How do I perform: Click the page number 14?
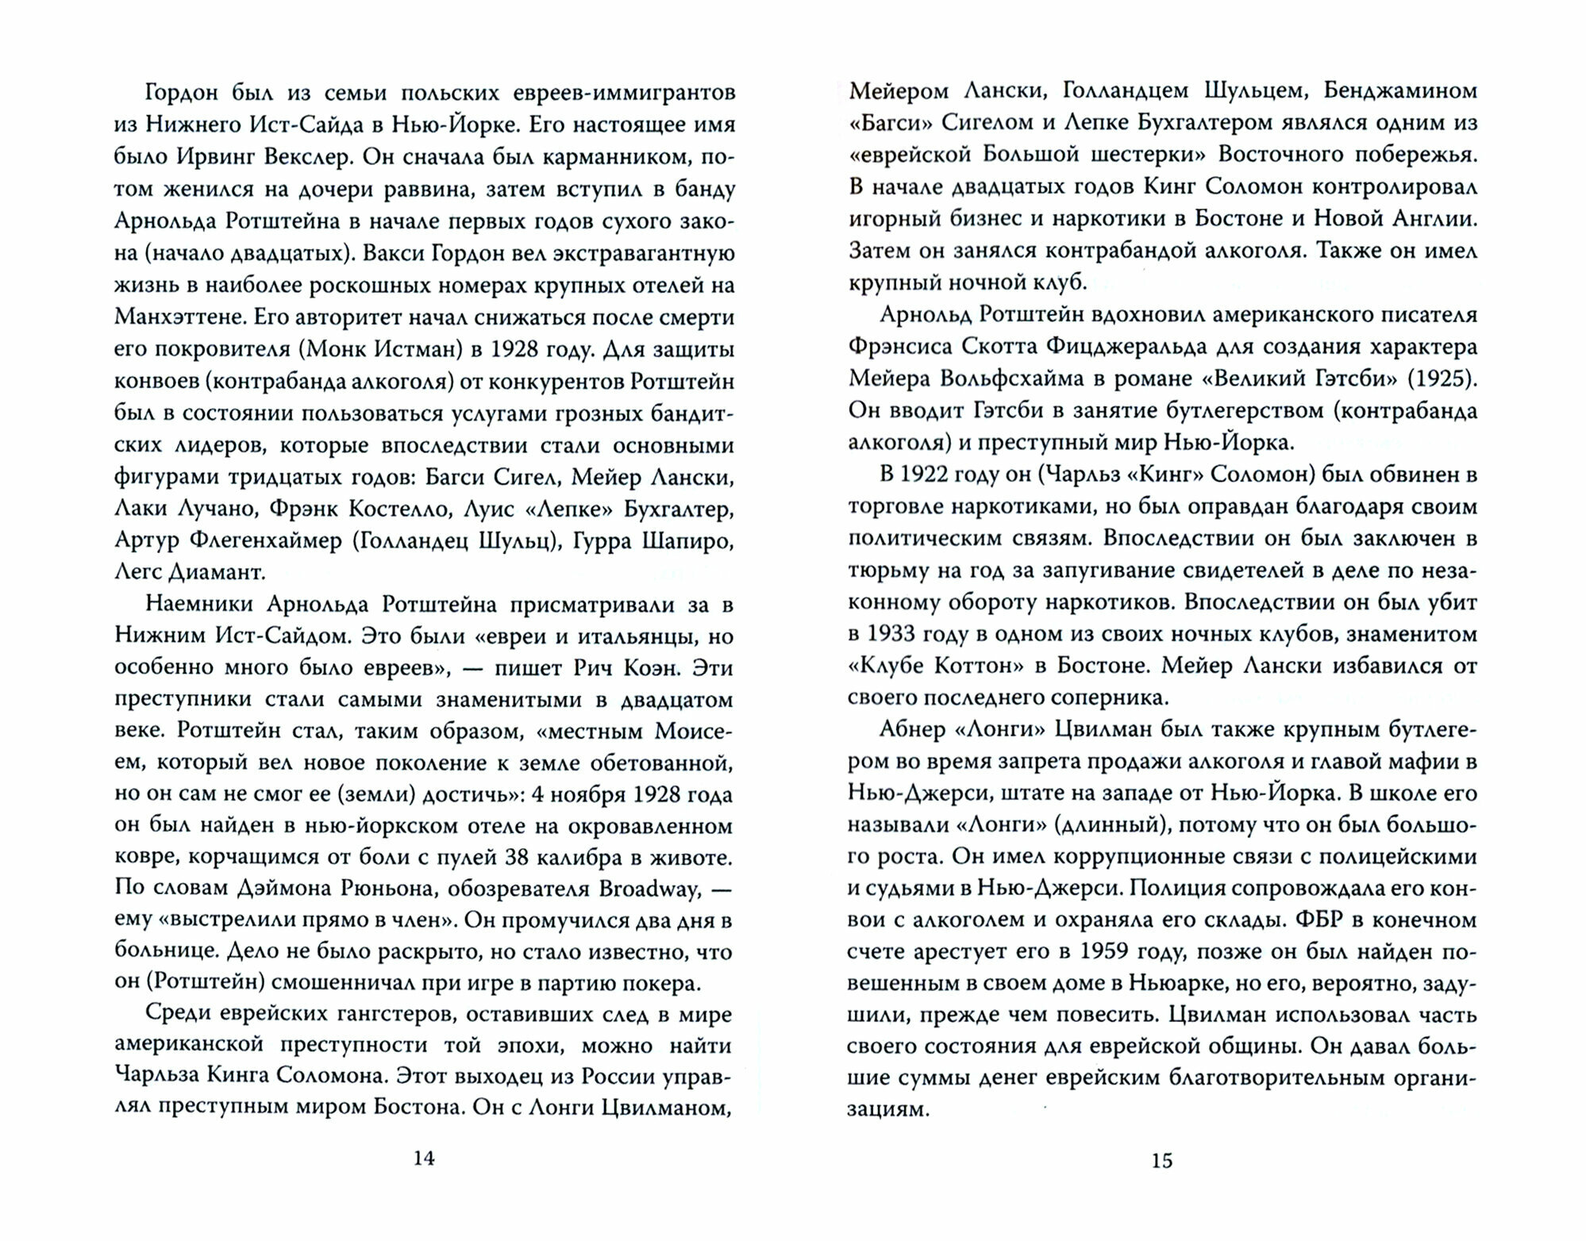point(425,1158)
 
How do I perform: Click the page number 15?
point(1161,1160)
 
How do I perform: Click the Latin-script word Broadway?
point(649,889)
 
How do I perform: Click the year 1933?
point(892,634)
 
